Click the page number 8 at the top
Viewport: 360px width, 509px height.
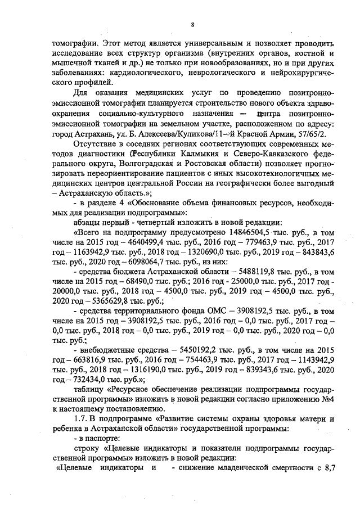tap(192, 24)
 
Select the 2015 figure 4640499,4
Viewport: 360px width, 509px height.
tap(121, 242)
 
